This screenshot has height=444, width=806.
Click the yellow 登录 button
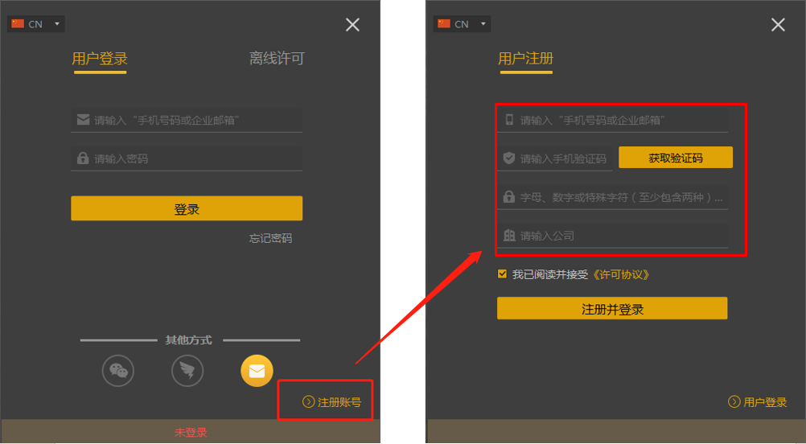click(187, 208)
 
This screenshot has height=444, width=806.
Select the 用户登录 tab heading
click(100, 59)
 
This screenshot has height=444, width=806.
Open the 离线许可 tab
click(276, 59)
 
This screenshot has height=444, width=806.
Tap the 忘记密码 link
click(270, 238)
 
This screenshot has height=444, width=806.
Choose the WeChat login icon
click(118, 371)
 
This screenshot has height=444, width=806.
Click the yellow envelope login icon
click(257, 371)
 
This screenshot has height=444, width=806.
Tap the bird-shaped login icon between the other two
click(187, 371)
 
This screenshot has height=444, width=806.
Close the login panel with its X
click(352, 25)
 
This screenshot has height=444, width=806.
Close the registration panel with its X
click(778, 25)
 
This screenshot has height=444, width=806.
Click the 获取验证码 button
click(675, 158)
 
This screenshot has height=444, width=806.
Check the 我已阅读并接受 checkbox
click(503, 273)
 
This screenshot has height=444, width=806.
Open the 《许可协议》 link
click(620, 274)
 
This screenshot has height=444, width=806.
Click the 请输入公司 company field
click(615, 236)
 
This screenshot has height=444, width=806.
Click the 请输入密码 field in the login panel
click(187, 158)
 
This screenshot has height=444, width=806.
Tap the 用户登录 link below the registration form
click(758, 402)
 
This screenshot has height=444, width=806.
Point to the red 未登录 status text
click(191, 432)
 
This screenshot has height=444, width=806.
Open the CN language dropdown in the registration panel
click(462, 24)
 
